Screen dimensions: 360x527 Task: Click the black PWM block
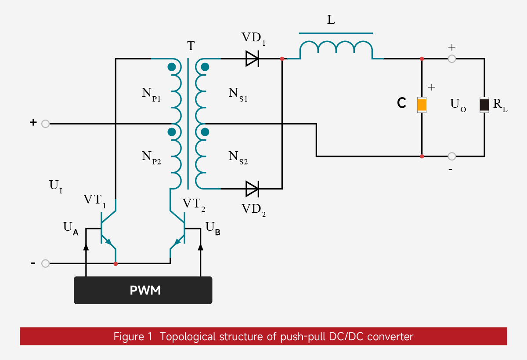coord(143,290)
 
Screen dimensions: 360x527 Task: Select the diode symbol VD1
coord(252,58)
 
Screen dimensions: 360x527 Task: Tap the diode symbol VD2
coord(252,189)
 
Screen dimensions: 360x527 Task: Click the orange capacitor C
coord(422,105)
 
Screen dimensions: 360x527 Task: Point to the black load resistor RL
coord(484,105)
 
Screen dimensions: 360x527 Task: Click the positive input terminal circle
coord(45,124)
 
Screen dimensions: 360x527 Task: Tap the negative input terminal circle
coord(45,264)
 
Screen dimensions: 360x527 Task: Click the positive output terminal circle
coord(452,58)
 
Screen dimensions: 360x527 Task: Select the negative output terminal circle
coord(452,156)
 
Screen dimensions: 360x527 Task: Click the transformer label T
coord(191,46)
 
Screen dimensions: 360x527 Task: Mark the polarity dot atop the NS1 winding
coord(205,67)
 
